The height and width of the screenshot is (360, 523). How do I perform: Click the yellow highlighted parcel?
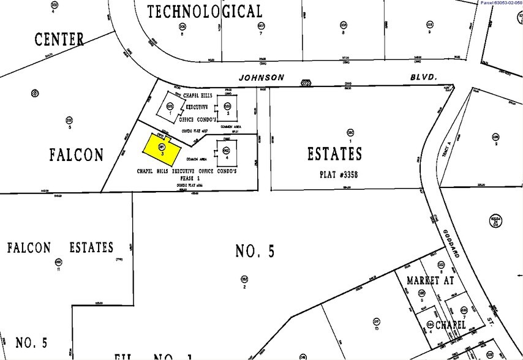pyautogui.click(x=161, y=149)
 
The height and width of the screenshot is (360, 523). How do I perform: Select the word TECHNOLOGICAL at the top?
pyautogui.click(x=205, y=11)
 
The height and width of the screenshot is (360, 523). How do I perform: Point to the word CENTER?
pyautogui.click(x=59, y=40)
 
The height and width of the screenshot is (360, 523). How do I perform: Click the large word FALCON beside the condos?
pyautogui.click(x=77, y=155)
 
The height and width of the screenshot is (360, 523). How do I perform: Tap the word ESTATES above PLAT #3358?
pyautogui.click(x=335, y=154)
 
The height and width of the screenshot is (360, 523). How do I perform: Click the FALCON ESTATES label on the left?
pyautogui.click(x=60, y=248)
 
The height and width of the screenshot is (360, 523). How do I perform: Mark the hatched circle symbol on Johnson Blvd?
pyautogui.click(x=306, y=81)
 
